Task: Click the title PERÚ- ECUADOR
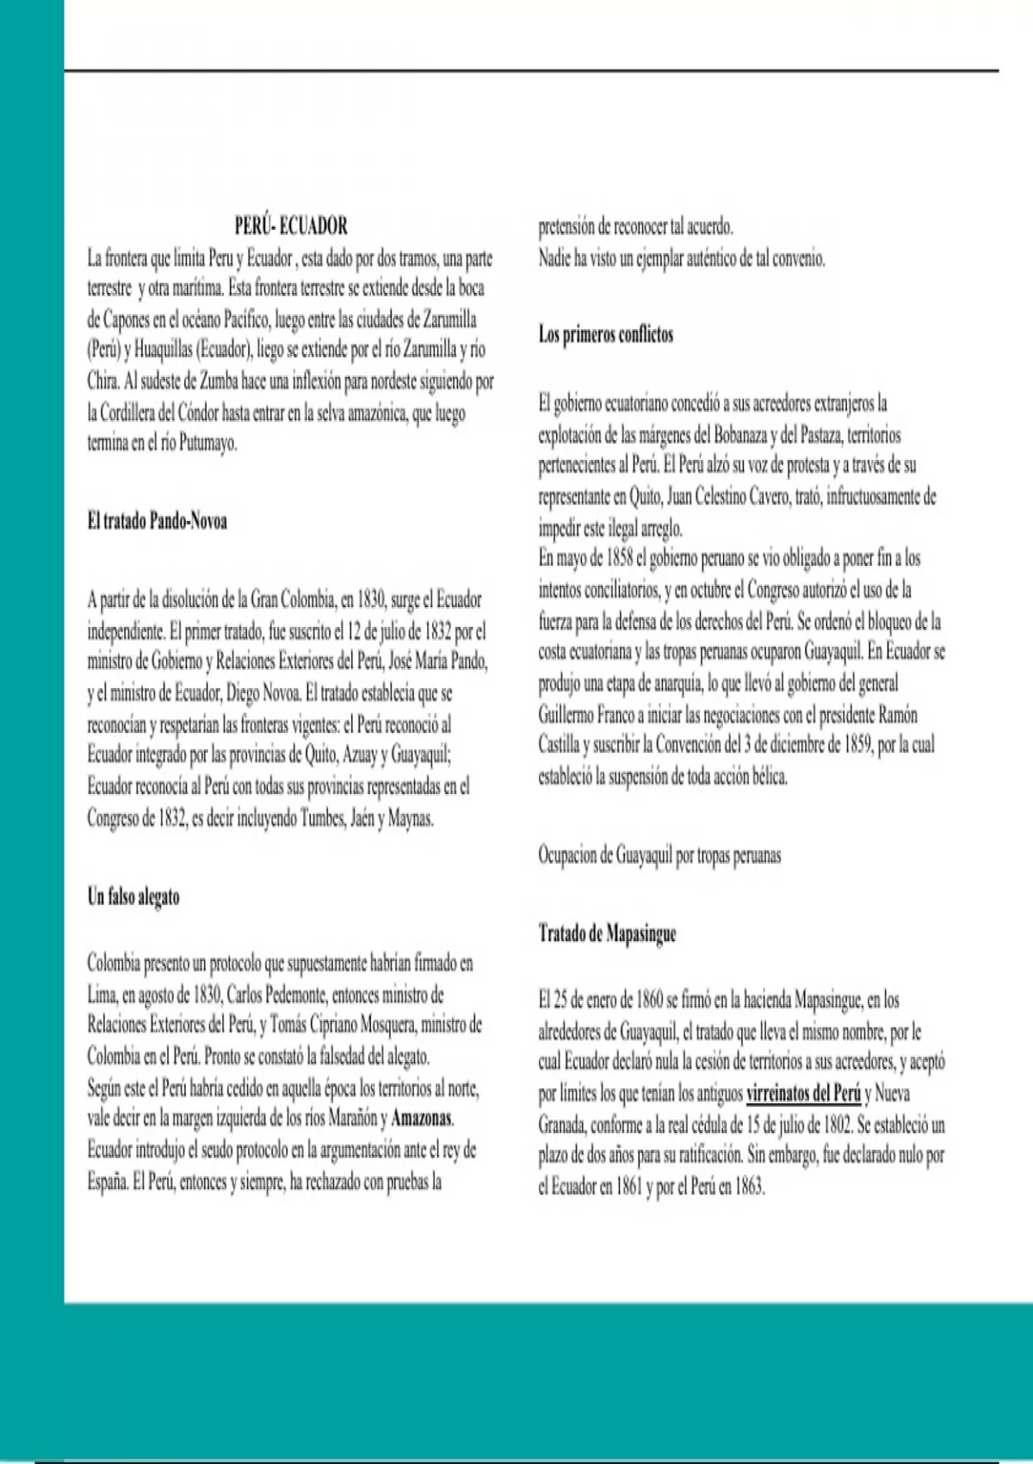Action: [291, 226]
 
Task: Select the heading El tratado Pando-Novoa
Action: [157, 521]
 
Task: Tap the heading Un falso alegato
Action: [133, 896]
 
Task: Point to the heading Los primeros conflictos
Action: [606, 334]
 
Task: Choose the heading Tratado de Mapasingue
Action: [607, 934]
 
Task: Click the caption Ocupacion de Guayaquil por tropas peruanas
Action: [659, 855]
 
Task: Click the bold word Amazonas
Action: [421, 1119]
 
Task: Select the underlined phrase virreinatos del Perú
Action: [803, 1094]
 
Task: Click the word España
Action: [107, 1182]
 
